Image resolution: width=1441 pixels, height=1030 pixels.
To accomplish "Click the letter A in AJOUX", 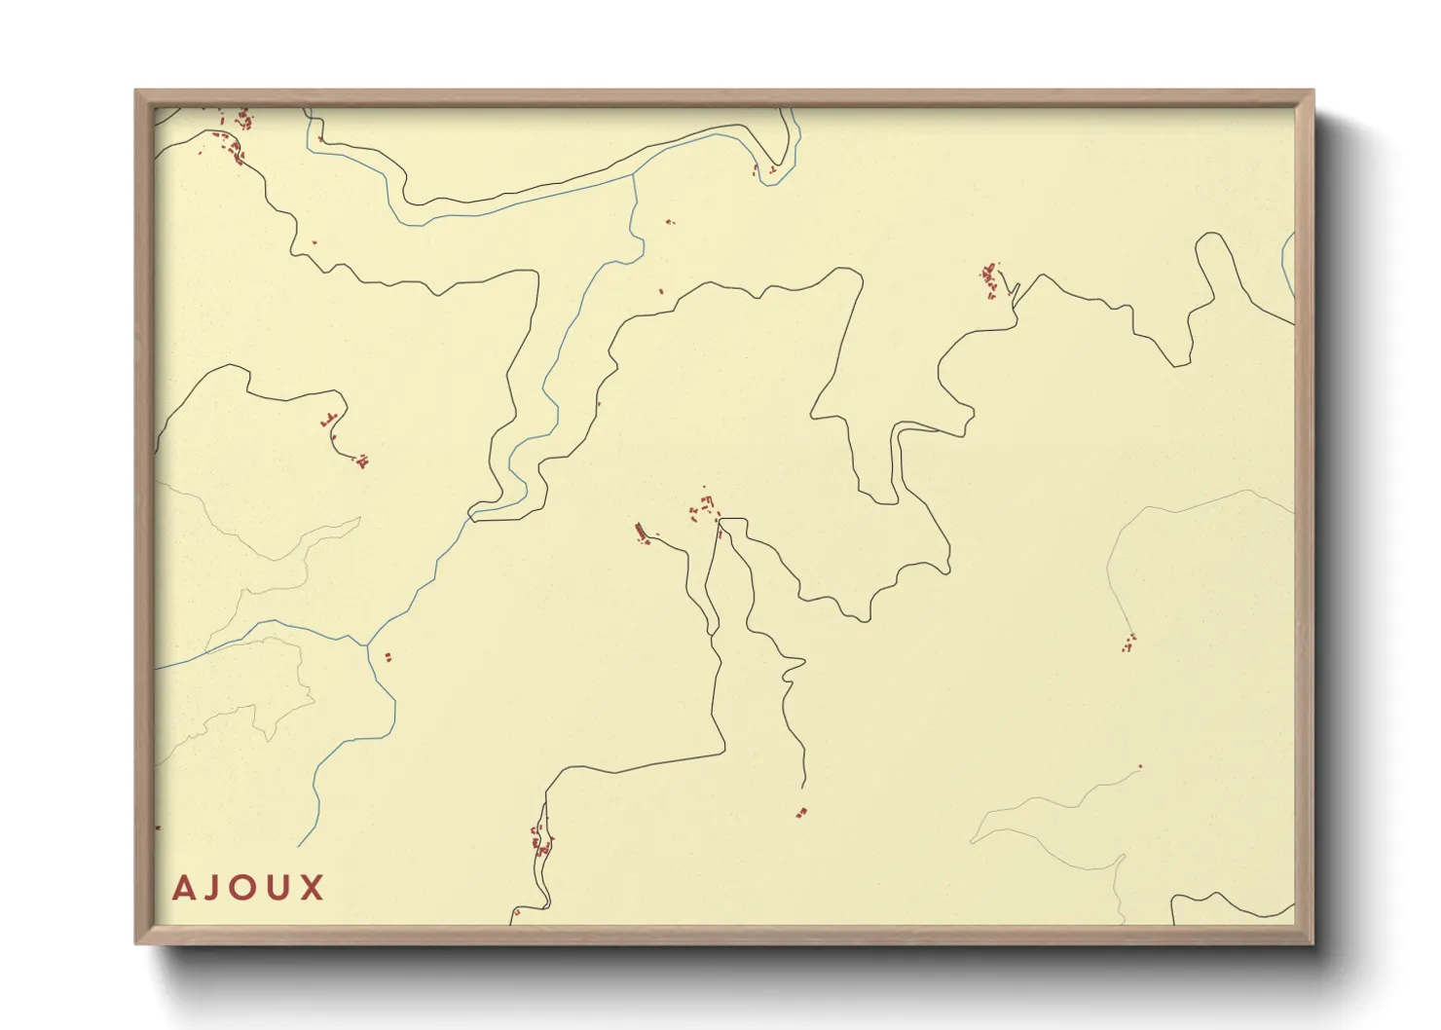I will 183,888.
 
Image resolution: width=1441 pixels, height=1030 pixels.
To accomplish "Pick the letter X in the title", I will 313,888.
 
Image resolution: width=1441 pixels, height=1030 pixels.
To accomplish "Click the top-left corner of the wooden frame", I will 136,92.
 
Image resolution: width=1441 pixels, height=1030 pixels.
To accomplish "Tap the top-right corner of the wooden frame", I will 1312,92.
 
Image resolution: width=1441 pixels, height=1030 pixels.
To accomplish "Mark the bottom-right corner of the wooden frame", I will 1312,942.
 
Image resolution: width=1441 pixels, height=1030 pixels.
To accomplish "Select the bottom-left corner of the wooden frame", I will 136,942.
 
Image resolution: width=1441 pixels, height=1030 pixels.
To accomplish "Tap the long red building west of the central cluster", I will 641,532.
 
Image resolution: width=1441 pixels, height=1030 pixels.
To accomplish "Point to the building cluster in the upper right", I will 990,278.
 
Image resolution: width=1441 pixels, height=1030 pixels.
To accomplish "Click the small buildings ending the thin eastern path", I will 1128,643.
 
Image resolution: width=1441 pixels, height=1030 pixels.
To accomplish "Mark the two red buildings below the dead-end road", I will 801,812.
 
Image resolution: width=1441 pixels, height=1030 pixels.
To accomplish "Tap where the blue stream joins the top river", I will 634,174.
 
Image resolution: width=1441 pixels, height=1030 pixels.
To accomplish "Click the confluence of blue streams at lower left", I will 366,644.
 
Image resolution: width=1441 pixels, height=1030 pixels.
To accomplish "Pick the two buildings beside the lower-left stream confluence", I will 388,657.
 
